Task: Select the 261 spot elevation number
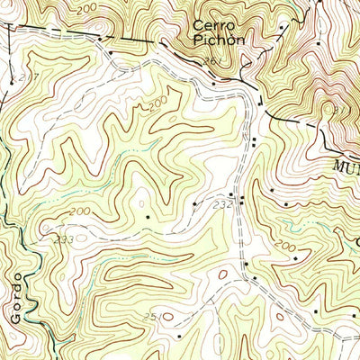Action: [x=211, y=61]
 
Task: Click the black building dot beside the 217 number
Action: [x=12, y=79]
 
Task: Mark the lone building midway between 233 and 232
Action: [x=148, y=216]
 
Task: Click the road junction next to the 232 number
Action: [x=239, y=197]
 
